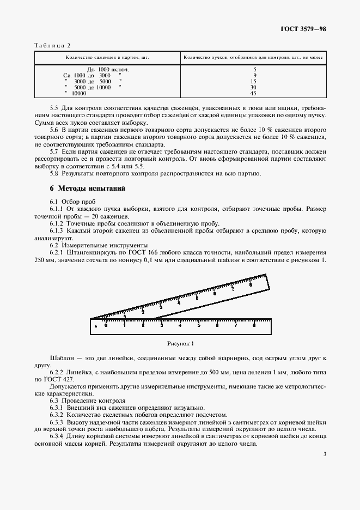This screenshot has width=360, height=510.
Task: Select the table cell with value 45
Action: point(253,93)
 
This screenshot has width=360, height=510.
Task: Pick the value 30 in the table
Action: point(253,87)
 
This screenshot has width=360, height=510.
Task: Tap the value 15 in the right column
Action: point(253,81)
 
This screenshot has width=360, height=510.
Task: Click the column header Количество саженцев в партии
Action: point(107,57)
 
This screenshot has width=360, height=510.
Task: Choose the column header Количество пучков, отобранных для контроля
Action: point(253,57)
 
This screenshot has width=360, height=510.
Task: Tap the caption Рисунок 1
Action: point(180,343)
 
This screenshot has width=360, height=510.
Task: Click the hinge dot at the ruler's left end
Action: point(96,326)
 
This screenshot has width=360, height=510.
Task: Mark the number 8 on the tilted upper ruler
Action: point(250,284)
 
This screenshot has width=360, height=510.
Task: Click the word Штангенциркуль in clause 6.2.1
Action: point(90,253)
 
